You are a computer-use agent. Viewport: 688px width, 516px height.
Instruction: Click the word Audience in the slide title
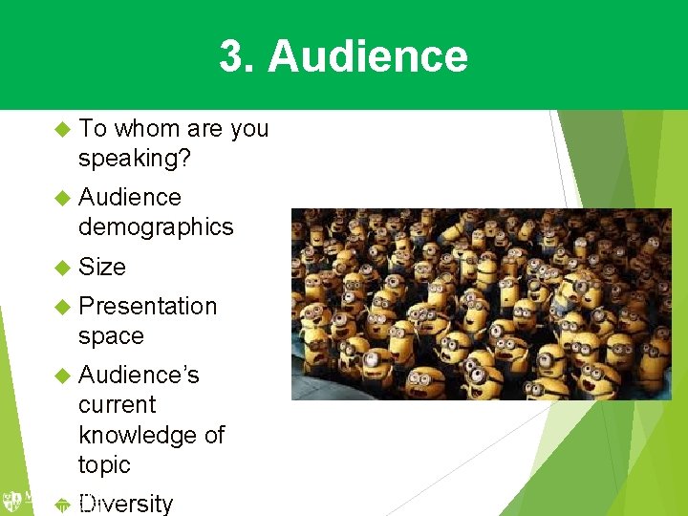tap(368, 56)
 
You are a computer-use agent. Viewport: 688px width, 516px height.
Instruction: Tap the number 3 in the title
tap(230, 56)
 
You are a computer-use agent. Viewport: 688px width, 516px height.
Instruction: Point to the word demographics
tap(156, 226)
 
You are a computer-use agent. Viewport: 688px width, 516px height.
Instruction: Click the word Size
tap(102, 267)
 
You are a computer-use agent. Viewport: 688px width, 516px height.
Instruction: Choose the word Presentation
tap(148, 307)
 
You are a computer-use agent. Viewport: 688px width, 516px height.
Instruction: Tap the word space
tap(111, 337)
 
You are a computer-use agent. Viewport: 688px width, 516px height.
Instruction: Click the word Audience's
tap(139, 375)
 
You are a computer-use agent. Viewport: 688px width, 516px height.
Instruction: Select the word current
tap(117, 404)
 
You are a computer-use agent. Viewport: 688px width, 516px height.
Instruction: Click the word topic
tap(104, 465)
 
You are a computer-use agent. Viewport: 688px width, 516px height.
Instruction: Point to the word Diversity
tap(126, 504)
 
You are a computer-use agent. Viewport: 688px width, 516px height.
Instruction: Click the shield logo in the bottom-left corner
tap(12, 501)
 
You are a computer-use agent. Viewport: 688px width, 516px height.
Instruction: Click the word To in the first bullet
tap(93, 128)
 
